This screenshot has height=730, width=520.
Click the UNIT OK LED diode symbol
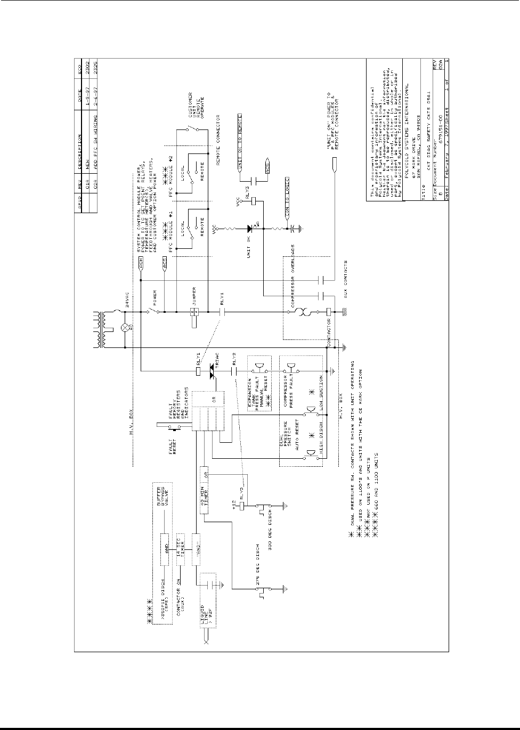point(250,229)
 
